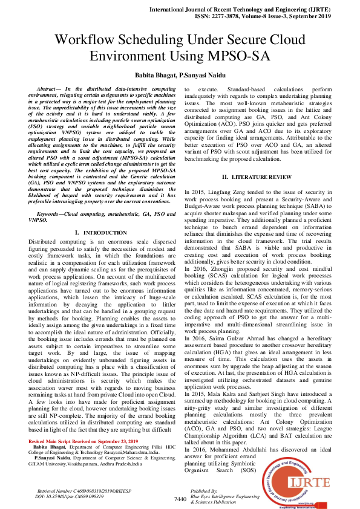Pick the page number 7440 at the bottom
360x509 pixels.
(x=180, y=499)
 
